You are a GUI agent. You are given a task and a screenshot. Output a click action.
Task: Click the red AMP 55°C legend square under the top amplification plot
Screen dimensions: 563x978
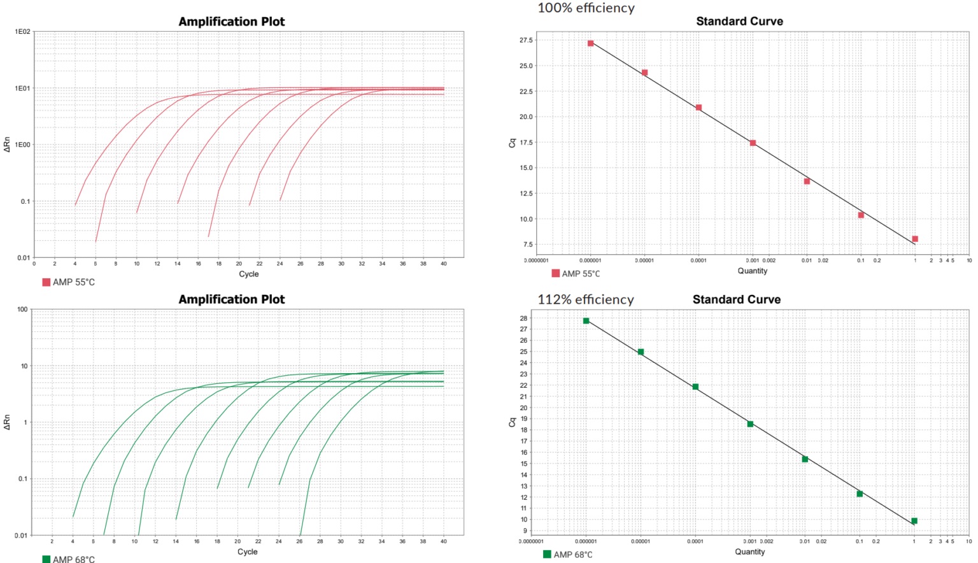pyautogui.click(x=46, y=282)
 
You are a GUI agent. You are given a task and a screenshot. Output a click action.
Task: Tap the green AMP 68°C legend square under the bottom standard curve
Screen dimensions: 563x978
pyautogui.click(x=547, y=554)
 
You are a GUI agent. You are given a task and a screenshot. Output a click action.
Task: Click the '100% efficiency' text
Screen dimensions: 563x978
pyautogui.click(x=586, y=8)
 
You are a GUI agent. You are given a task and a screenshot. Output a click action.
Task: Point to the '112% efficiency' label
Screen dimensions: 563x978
pyautogui.click(x=585, y=299)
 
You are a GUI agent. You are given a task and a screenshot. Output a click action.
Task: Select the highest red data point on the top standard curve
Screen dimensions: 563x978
pyautogui.click(x=591, y=43)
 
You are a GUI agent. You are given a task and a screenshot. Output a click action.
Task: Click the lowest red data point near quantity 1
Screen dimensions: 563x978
pyautogui.click(x=915, y=239)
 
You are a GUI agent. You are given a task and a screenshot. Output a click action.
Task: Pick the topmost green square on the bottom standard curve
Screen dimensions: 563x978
pyautogui.click(x=586, y=321)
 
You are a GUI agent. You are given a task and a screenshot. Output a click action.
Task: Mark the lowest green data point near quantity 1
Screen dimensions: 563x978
pyautogui.click(x=914, y=521)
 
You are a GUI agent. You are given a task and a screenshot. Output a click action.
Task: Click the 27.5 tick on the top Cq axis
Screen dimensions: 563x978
pyautogui.click(x=526, y=40)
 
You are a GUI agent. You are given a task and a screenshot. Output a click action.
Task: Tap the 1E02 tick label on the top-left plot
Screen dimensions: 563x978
pyautogui.click(x=23, y=32)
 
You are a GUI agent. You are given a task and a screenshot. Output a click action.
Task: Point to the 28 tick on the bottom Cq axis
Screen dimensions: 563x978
pyautogui.click(x=523, y=318)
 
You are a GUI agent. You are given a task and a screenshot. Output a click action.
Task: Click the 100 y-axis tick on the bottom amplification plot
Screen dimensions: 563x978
pyautogui.click(x=22, y=310)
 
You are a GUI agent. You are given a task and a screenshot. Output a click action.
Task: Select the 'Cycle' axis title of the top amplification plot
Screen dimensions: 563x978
pyautogui.click(x=248, y=274)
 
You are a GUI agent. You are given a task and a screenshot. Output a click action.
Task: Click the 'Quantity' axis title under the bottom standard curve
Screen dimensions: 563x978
pyautogui.click(x=749, y=552)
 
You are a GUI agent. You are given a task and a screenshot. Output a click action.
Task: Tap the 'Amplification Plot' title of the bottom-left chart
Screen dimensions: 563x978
pyautogui.click(x=231, y=299)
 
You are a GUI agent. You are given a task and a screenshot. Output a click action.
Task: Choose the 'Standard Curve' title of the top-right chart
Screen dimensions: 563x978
pyautogui.click(x=739, y=21)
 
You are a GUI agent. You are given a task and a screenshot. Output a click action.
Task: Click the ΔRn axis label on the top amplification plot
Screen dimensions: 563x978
pyautogui.click(x=7, y=145)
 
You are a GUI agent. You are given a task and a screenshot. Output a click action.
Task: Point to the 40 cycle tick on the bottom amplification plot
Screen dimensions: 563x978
pyautogui.click(x=444, y=541)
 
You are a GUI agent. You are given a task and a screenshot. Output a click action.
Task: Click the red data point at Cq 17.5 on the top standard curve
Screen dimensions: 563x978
pyautogui.click(x=753, y=143)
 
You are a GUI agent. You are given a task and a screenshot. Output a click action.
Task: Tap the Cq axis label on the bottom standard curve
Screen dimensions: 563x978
pyautogui.click(x=512, y=422)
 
